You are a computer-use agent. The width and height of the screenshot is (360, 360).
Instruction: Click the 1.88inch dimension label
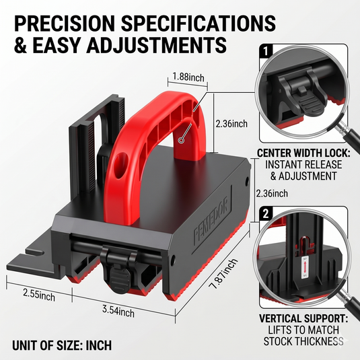[x=188, y=77]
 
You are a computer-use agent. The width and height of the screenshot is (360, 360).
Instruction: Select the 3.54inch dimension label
[x=118, y=312]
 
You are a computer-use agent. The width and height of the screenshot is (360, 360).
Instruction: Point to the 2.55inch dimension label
[x=39, y=295]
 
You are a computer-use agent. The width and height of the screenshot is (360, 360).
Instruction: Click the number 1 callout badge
[x=266, y=51]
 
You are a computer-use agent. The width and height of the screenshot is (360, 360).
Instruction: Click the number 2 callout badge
[x=266, y=213]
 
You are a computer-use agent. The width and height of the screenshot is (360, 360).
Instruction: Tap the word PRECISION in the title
[x=65, y=23]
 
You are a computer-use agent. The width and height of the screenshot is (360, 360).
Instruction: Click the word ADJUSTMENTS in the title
[x=156, y=45]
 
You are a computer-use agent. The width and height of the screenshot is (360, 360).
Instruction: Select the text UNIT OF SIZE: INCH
[x=62, y=346]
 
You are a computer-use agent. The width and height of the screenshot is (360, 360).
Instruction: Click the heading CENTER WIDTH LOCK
[x=303, y=153]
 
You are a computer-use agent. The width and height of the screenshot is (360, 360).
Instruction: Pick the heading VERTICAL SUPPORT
[x=303, y=318]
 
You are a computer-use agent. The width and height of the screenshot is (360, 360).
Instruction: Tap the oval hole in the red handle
[x=120, y=166]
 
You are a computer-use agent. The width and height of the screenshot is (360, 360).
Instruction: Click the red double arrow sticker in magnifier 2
[x=305, y=268]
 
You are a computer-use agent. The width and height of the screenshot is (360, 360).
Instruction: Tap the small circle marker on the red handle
[x=182, y=140]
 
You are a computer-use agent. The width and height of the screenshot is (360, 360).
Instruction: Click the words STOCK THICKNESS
[x=303, y=341]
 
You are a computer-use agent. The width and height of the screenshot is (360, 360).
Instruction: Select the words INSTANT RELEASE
[x=303, y=165]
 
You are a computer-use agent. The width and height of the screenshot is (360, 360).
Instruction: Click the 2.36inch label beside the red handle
[x=231, y=124]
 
